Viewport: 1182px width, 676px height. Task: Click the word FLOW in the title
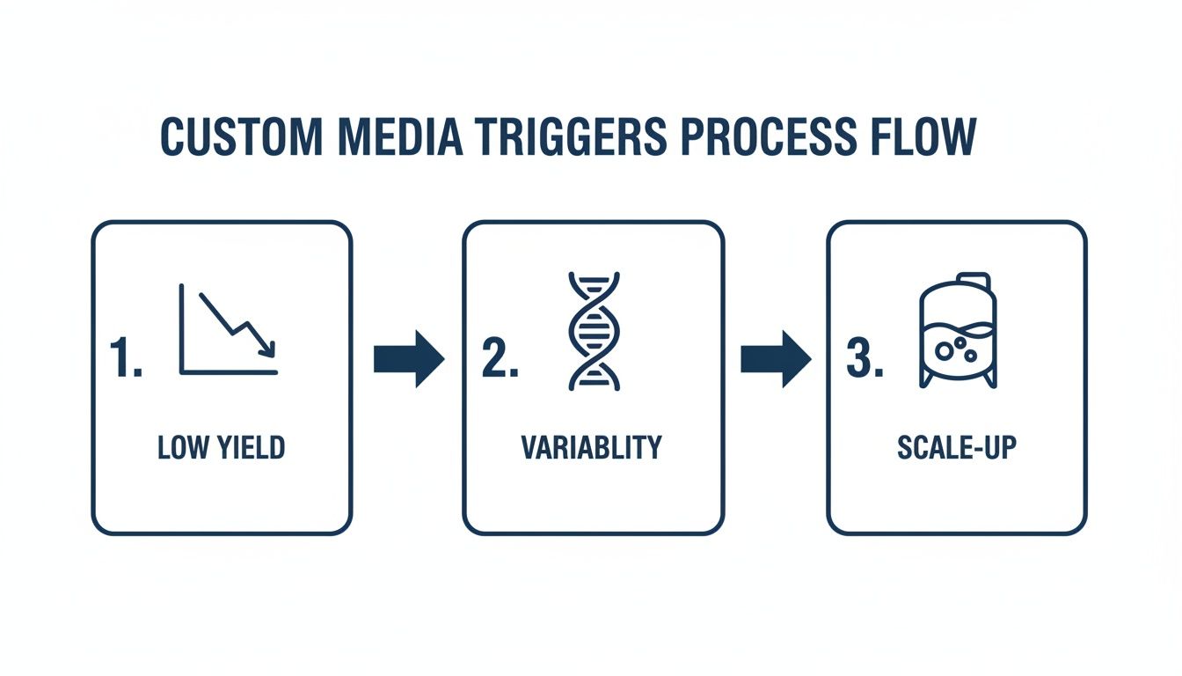click(x=924, y=138)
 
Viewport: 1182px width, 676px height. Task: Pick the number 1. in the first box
click(x=126, y=358)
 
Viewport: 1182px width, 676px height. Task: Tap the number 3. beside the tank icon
click(x=865, y=358)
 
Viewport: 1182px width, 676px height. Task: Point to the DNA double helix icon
click(x=595, y=330)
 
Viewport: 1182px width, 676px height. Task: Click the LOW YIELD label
click(x=222, y=447)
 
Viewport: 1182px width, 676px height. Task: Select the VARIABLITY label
click(x=591, y=447)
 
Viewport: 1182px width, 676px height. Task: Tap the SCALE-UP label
click(x=957, y=447)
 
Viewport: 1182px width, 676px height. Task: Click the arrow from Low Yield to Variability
click(x=409, y=358)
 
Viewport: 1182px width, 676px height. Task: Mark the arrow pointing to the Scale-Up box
click(x=775, y=358)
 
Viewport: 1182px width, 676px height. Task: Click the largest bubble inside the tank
click(x=945, y=349)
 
